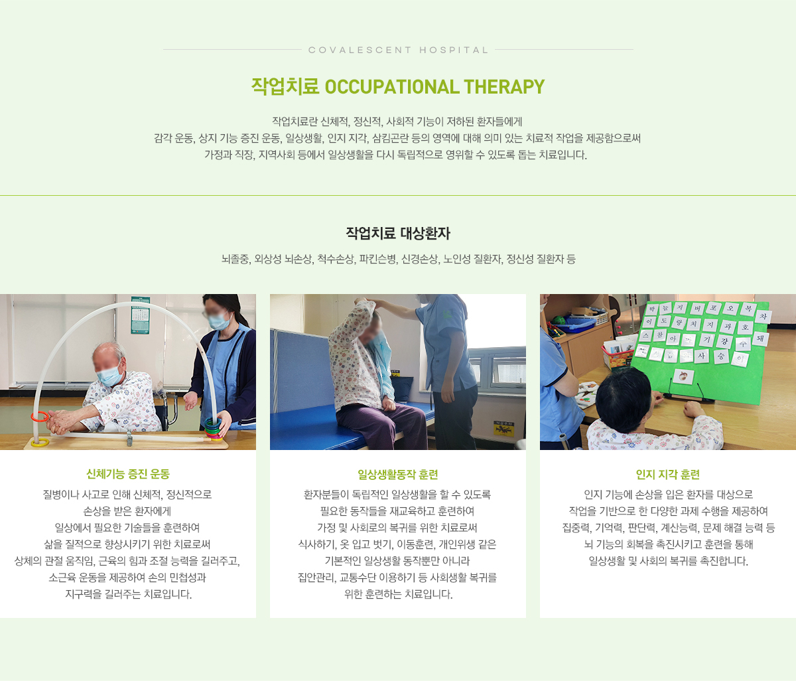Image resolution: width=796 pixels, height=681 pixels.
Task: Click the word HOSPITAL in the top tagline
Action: (454, 50)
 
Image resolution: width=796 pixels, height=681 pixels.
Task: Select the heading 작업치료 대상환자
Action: (398, 233)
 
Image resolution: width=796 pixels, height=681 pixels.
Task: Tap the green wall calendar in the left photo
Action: (140, 315)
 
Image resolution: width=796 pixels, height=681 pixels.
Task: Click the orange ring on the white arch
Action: (40, 417)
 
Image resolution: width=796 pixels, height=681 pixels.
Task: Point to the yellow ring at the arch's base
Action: (40, 443)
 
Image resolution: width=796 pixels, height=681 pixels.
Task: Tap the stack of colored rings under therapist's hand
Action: (213, 429)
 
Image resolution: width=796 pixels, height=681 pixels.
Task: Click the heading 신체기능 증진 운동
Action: (128, 474)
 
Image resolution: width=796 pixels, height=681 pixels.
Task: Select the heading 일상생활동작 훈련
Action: (398, 475)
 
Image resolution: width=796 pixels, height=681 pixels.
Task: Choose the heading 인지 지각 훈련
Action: (668, 475)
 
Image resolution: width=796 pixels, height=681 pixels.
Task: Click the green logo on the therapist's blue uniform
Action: (446, 314)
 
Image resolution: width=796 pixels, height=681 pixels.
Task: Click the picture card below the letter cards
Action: (684, 376)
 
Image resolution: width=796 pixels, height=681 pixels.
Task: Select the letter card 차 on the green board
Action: (763, 317)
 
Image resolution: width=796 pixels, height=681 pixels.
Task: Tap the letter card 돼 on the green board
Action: (760, 339)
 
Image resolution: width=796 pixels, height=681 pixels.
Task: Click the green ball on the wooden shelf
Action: (557, 321)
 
